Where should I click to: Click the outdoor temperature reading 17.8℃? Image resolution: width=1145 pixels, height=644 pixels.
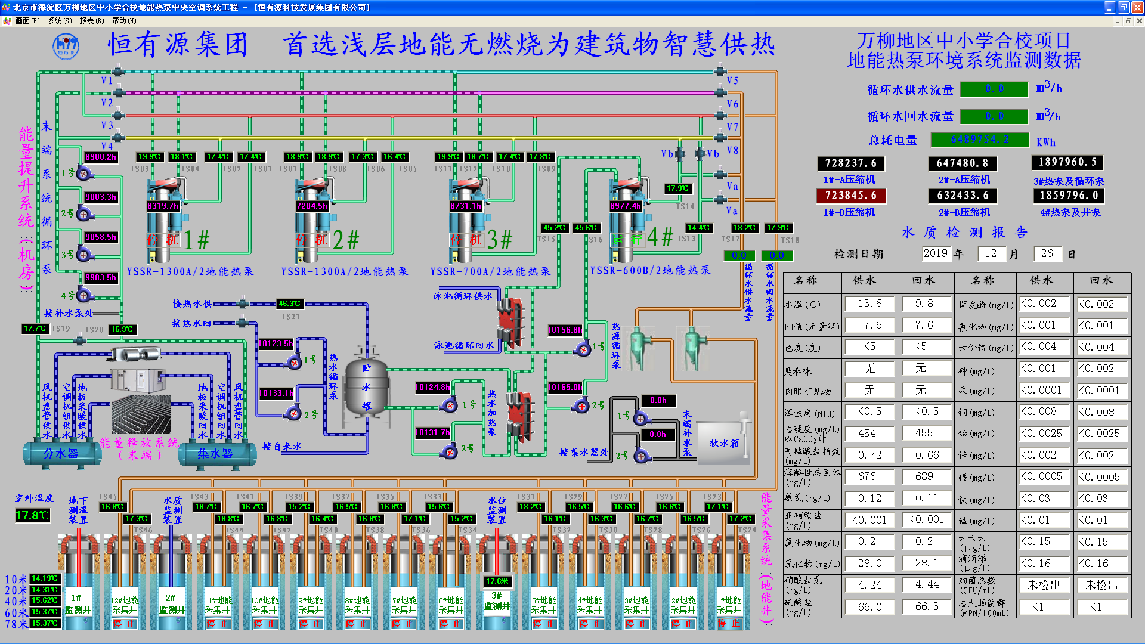tap(33, 515)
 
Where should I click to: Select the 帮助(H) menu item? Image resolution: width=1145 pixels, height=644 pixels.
tap(124, 21)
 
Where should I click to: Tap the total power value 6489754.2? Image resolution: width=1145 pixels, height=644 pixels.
tap(980, 140)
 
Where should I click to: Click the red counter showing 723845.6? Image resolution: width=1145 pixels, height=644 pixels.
tap(850, 196)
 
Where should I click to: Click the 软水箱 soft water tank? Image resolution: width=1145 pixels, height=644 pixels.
tap(723, 443)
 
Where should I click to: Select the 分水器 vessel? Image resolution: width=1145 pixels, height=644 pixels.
tap(61, 454)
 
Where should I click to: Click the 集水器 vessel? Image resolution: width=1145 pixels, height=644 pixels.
tap(215, 454)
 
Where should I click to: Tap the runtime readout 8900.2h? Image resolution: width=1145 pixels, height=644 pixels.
tap(101, 157)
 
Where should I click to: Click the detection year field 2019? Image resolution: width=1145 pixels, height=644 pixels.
tap(935, 253)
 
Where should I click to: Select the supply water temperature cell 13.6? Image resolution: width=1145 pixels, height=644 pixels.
tap(869, 304)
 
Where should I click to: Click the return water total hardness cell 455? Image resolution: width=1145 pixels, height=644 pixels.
tap(924, 434)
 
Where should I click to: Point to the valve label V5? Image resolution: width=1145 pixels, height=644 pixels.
tap(732, 80)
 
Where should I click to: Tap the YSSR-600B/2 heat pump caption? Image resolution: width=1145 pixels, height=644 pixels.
tap(650, 271)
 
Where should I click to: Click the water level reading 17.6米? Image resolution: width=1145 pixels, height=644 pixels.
tap(497, 581)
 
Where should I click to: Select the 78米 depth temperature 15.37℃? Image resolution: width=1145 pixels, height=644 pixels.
tap(45, 623)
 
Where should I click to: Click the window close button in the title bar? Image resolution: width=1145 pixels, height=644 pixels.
tap(1137, 8)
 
